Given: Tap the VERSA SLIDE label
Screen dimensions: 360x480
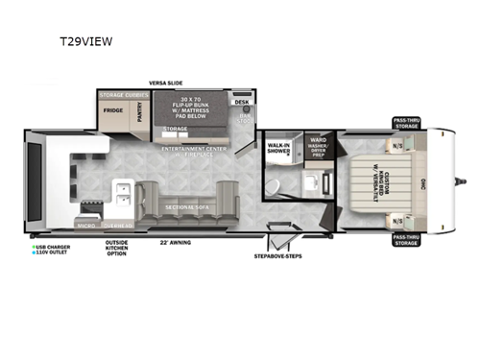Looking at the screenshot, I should click(167, 84).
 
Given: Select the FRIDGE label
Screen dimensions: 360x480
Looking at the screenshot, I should click(111, 110).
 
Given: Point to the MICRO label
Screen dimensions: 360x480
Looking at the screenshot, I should click(84, 227).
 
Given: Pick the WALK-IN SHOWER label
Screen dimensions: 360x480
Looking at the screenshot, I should click(279, 149).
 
